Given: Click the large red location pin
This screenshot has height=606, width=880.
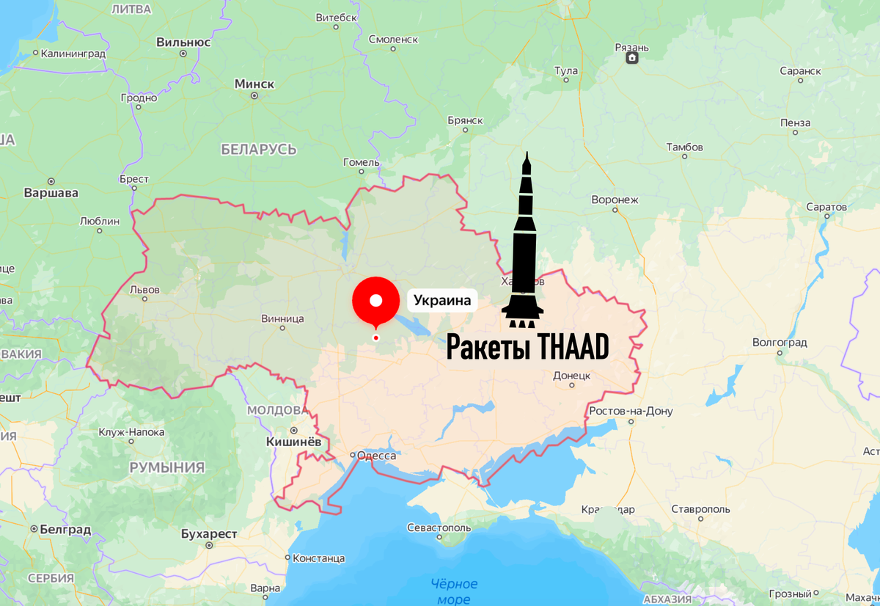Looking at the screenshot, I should click(x=376, y=300).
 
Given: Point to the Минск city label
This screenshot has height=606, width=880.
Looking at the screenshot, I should click(x=254, y=84).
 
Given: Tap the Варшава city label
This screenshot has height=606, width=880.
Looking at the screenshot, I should click(x=51, y=194).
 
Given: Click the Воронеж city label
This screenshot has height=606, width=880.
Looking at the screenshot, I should click(x=615, y=200).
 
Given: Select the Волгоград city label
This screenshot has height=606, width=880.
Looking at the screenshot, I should click(x=780, y=343).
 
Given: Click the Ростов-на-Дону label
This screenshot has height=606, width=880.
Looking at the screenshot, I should click(x=631, y=411).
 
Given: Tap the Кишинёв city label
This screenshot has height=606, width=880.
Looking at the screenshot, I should click(x=293, y=442).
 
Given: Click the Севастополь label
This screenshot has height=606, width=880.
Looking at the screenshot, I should click(x=439, y=527).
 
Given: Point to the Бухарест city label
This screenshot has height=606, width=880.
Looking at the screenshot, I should click(x=209, y=533).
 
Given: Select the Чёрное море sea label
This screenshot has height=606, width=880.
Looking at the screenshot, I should click(x=454, y=591).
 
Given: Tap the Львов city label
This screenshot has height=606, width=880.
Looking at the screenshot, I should click(x=144, y=289).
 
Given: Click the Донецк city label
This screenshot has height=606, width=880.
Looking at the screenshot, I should click(x=573, y=376).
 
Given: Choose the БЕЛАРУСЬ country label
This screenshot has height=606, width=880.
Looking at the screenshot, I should click(x=259, y=150).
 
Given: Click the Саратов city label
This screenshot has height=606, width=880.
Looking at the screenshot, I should click(x=826, y=207).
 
